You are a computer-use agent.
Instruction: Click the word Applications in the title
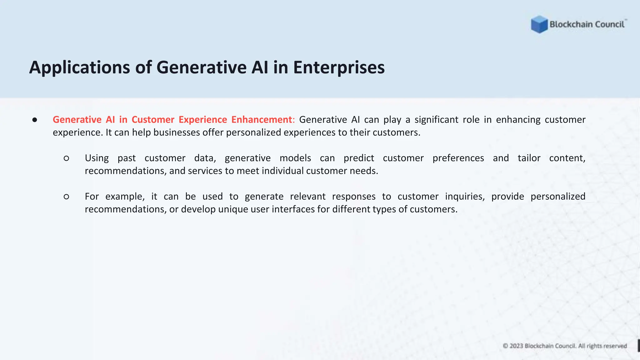pyautogui.click(x=79, y=67)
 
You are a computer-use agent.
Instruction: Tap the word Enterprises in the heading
pyautogui.click(x=339, y=67)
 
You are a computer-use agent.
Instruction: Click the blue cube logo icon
pyautogui.click(x=539, y=24)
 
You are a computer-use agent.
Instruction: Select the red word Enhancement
pyautogui.click(x=262, y=120)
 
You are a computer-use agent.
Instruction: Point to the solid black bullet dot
pyautogui.click(x=35, y=120)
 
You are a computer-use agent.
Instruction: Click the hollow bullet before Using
pyautogui.click(x=66, y=158)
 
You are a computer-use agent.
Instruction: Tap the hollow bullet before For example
pyautogui.click(x=66, y=197)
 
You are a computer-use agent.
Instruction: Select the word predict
pyautogui.click(x=359, y=158)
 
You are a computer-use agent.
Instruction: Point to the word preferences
pyautogui.click(x=458, y=158)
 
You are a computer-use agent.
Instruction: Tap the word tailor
pyautogui.click(x=529, y=158)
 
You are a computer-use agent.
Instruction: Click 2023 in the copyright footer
pyautogui.click(x=516, y=346)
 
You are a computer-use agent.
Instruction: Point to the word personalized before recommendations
pyautogui.click(x=558, y=197)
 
